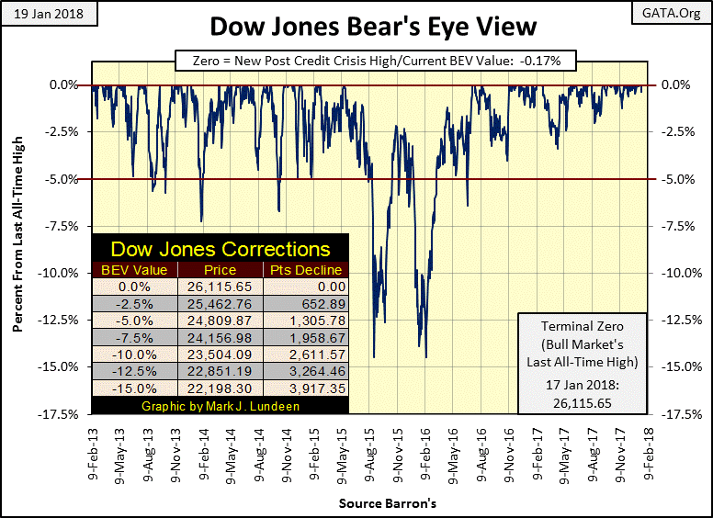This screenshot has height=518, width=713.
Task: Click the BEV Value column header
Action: click(x=134, y=270)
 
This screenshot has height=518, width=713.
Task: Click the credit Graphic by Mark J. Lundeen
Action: click(x=220, y=406)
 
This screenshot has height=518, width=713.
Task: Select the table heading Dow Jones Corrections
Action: click(x=220, y=249)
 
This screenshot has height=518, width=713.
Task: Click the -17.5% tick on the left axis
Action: click(x=62, y=414)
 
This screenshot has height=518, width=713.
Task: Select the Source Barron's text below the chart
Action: click(x=374, y=503)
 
